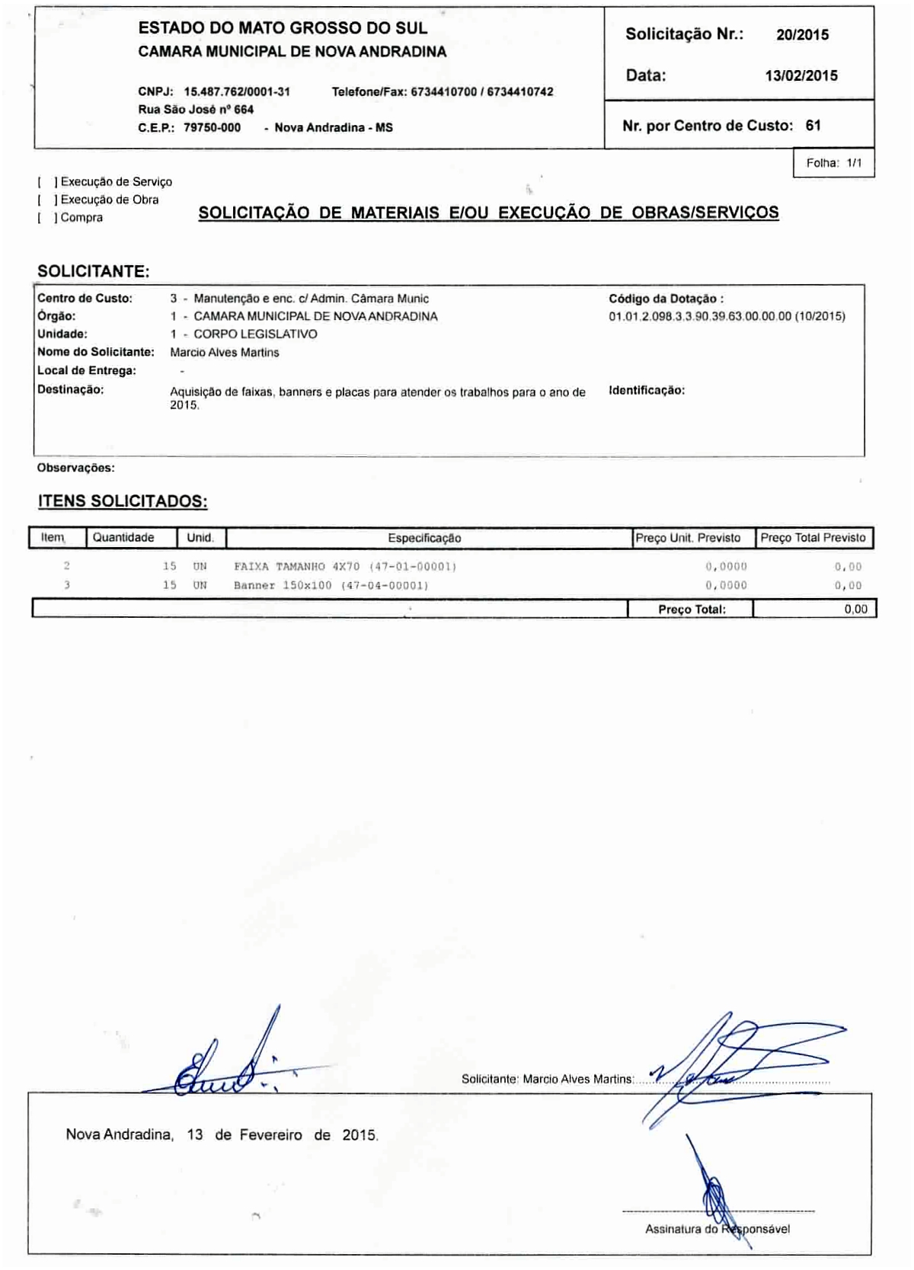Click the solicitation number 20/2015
[802, 35]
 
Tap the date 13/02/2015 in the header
[801, 76]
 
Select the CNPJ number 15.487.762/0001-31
[237, 92]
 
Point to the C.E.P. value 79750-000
[212, 128]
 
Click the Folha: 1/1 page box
[833, 163]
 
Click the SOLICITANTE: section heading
[94, 272]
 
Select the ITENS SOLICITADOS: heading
[123, 501]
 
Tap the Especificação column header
[424, 538]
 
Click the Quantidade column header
[123, 538]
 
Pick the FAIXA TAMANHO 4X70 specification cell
[345, 567]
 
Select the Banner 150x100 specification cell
[331, 586]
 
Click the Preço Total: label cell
[692, 609]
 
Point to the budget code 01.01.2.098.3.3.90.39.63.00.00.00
[700, 316]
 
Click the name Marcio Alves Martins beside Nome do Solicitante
[225, 353]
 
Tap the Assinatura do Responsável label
[717, 1229]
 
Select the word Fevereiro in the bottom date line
[270, 1135]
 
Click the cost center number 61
[813, 126]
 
